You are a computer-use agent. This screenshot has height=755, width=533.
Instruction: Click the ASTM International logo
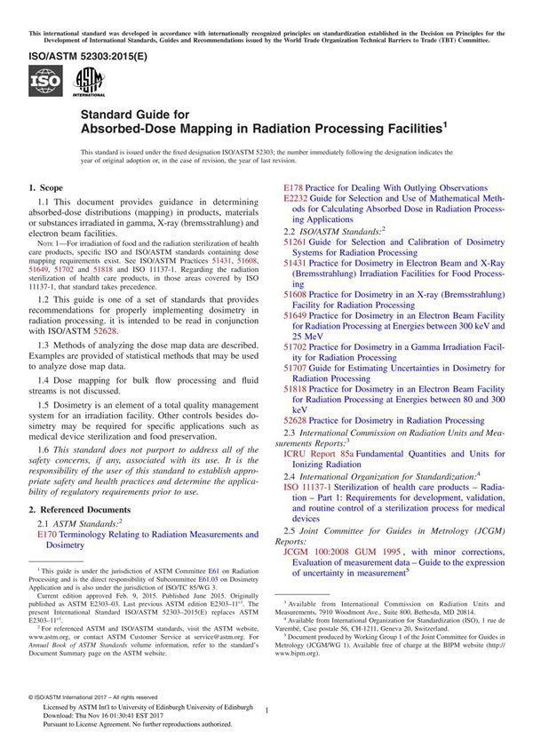click(x=90, y=83)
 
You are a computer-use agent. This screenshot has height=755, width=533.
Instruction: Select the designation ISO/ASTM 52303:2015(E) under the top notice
click(x=79, y=54)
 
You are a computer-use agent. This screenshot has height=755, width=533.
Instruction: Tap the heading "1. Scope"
click(x=46, y=188)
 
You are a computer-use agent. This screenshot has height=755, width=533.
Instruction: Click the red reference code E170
click(x=47, y=535)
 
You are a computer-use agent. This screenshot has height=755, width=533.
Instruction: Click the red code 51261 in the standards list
click(x=295, y=242)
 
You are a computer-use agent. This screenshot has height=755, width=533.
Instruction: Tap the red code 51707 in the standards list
click(x=295, y=367)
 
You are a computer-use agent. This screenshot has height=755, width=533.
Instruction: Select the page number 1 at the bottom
click(x=266, y=710)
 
